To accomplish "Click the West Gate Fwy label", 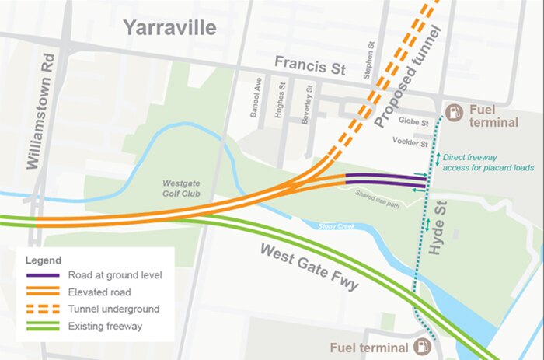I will tap(309, 267).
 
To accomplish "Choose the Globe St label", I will tap(413, 123).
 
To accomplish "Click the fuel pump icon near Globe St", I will tap(455, 111).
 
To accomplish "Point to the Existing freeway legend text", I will tap(109, 326).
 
